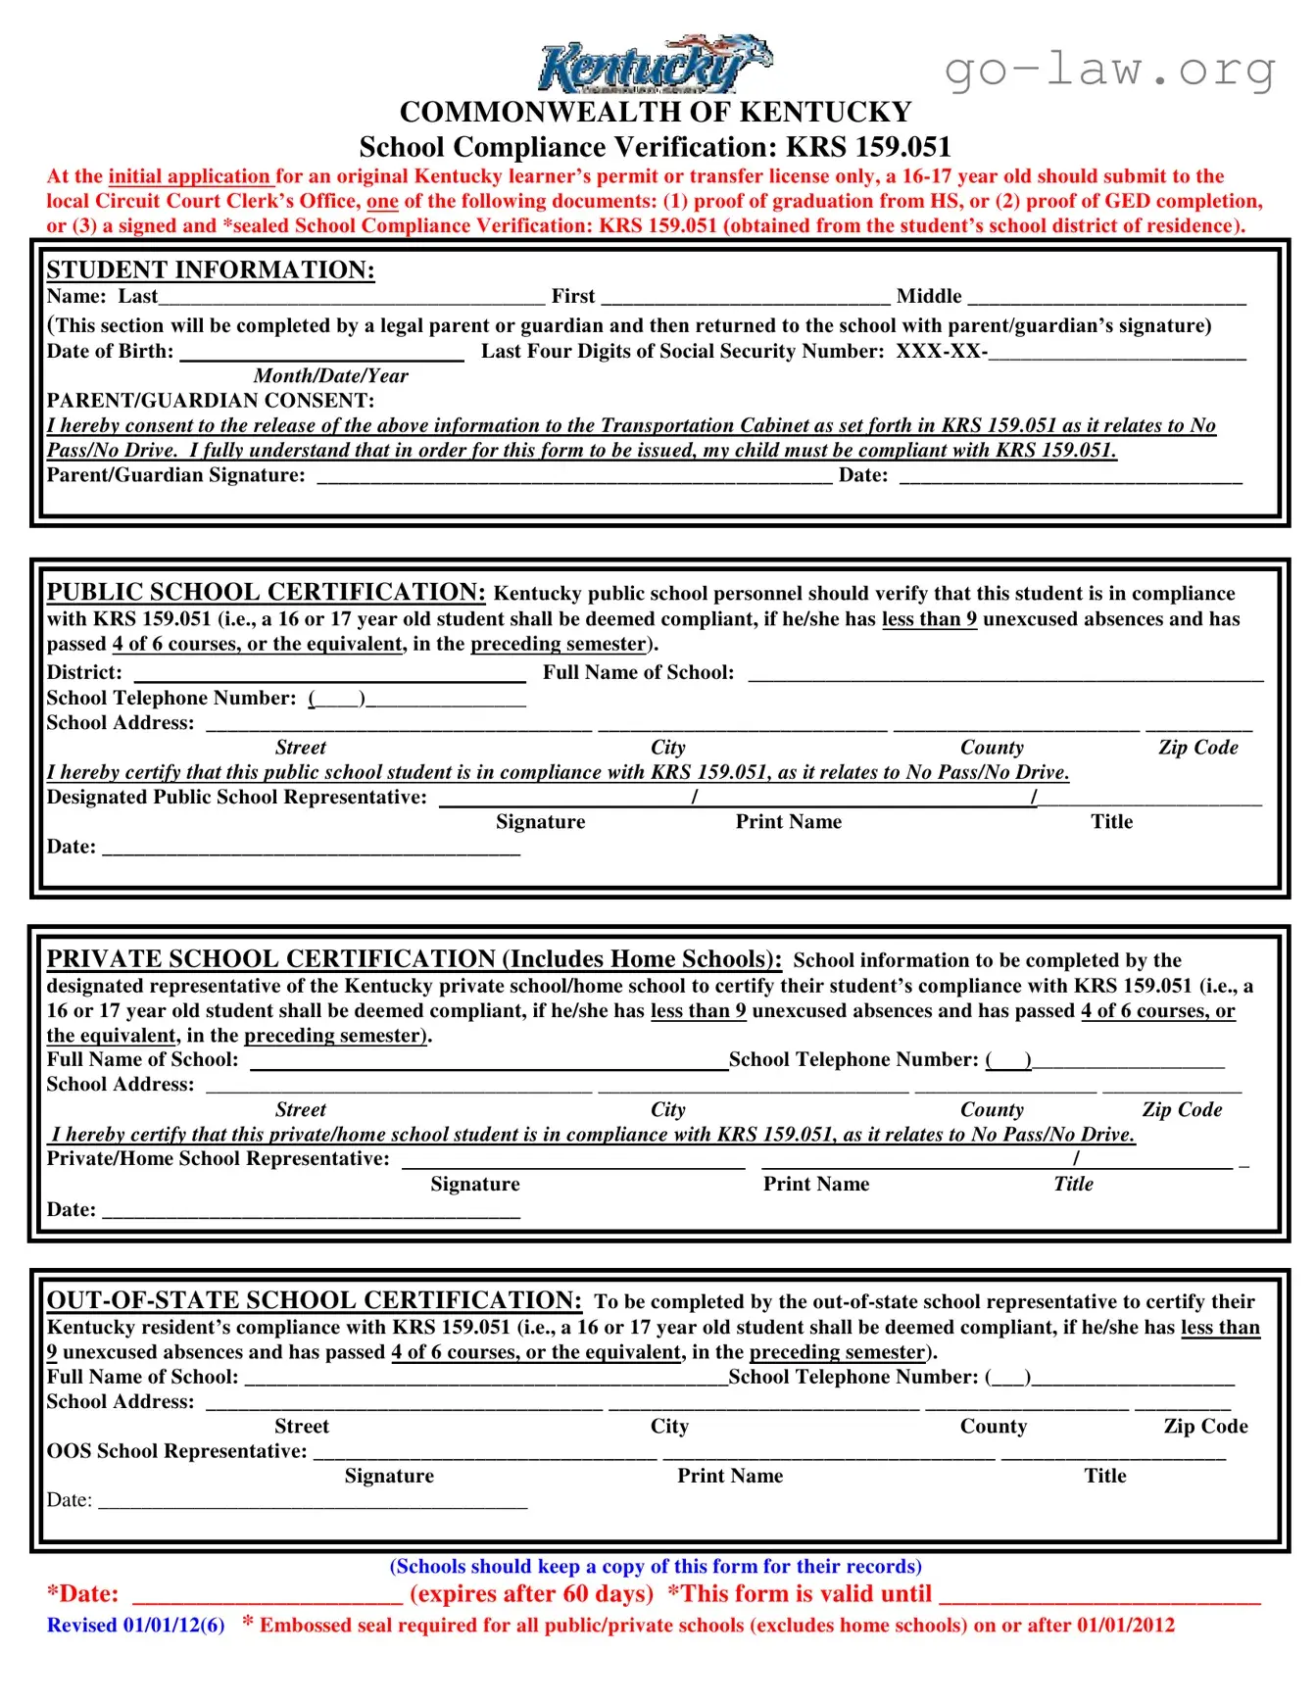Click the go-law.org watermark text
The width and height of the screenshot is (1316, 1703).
click(1110, 70)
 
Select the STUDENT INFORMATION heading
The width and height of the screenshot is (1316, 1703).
click(211, 269)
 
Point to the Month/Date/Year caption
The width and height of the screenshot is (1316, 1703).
click(330, 375)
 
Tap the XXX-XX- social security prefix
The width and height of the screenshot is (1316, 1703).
click(940, 351)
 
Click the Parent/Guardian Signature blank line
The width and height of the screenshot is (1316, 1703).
click(574, 477)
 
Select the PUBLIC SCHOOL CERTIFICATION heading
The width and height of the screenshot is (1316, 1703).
click(266, 592)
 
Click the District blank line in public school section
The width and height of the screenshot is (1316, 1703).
click(329, 675)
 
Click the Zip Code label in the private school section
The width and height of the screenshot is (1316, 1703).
click(1182, 1109)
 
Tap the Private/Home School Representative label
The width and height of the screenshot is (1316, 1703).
click(218, 1158)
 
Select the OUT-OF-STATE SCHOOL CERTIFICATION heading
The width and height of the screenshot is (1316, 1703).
click(314, 1300)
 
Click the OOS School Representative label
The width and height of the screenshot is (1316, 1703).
click(176, 1451)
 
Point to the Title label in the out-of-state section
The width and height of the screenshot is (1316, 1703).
click(1104, 1476)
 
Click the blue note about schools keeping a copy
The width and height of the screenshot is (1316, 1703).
click(656, 1566)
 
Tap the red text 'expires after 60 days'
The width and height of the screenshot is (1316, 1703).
click(531, 1593)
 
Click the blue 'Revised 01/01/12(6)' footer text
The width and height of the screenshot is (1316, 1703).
click(135, 1625)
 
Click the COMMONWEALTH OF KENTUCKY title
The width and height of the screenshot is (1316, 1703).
click(655, 112)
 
